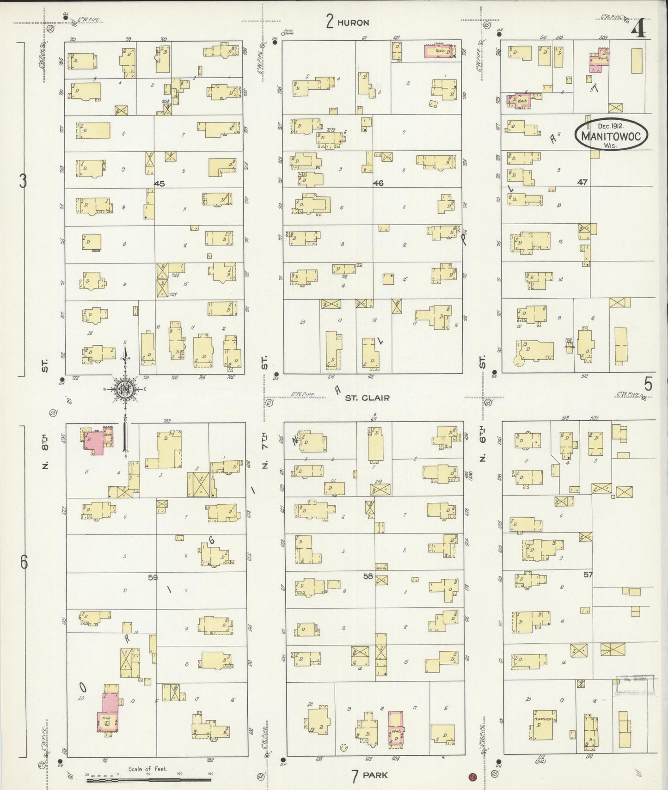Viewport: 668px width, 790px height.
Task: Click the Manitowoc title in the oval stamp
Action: (611, 136)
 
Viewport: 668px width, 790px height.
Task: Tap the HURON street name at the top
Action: (353, 23)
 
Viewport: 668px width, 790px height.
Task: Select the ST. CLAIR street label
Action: (367, 398)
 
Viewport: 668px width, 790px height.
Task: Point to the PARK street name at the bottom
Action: (375, 775)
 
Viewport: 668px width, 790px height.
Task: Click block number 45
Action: (159, 184)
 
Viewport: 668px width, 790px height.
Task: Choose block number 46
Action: (378, 183)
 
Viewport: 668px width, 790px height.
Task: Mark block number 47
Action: (582, 182)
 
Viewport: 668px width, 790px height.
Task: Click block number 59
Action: (153, 577)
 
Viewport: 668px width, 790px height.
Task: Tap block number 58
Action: (368, 576)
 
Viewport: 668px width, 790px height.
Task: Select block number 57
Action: (588, 575)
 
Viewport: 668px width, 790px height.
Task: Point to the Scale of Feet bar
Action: (148, 780)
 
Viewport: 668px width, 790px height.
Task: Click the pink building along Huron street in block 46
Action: (439, 51)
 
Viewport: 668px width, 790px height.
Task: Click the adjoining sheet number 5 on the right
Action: (649, 384)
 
